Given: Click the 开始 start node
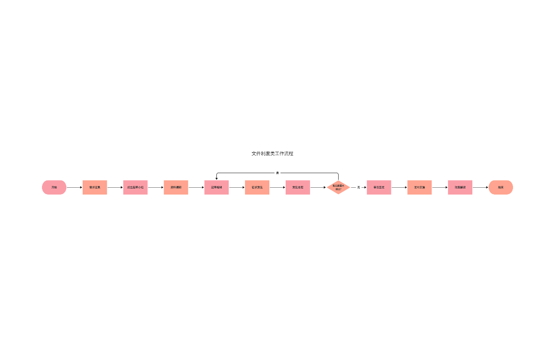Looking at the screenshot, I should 54,187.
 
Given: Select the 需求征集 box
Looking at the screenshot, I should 95,187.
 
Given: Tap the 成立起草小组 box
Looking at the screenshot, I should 135,187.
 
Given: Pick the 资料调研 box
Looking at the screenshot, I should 176,187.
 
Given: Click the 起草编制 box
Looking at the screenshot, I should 216,187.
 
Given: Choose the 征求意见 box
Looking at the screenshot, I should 257,187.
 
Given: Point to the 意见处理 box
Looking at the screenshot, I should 298,187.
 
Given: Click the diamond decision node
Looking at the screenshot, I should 338,187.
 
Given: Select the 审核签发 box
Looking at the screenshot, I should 379,187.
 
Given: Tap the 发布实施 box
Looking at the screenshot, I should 419,187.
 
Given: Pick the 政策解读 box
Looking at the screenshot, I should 460,187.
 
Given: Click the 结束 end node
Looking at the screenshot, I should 501,187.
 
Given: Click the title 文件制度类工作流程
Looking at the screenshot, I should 272,153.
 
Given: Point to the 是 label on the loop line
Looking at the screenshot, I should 277,173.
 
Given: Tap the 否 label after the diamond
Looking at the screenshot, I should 358,187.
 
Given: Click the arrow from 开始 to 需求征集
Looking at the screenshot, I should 74,187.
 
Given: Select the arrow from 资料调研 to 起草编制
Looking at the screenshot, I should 196,187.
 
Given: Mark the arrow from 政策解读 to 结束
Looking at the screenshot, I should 480,187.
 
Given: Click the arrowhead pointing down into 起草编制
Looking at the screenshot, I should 217,178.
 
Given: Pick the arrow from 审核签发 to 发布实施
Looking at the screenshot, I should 399,187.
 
